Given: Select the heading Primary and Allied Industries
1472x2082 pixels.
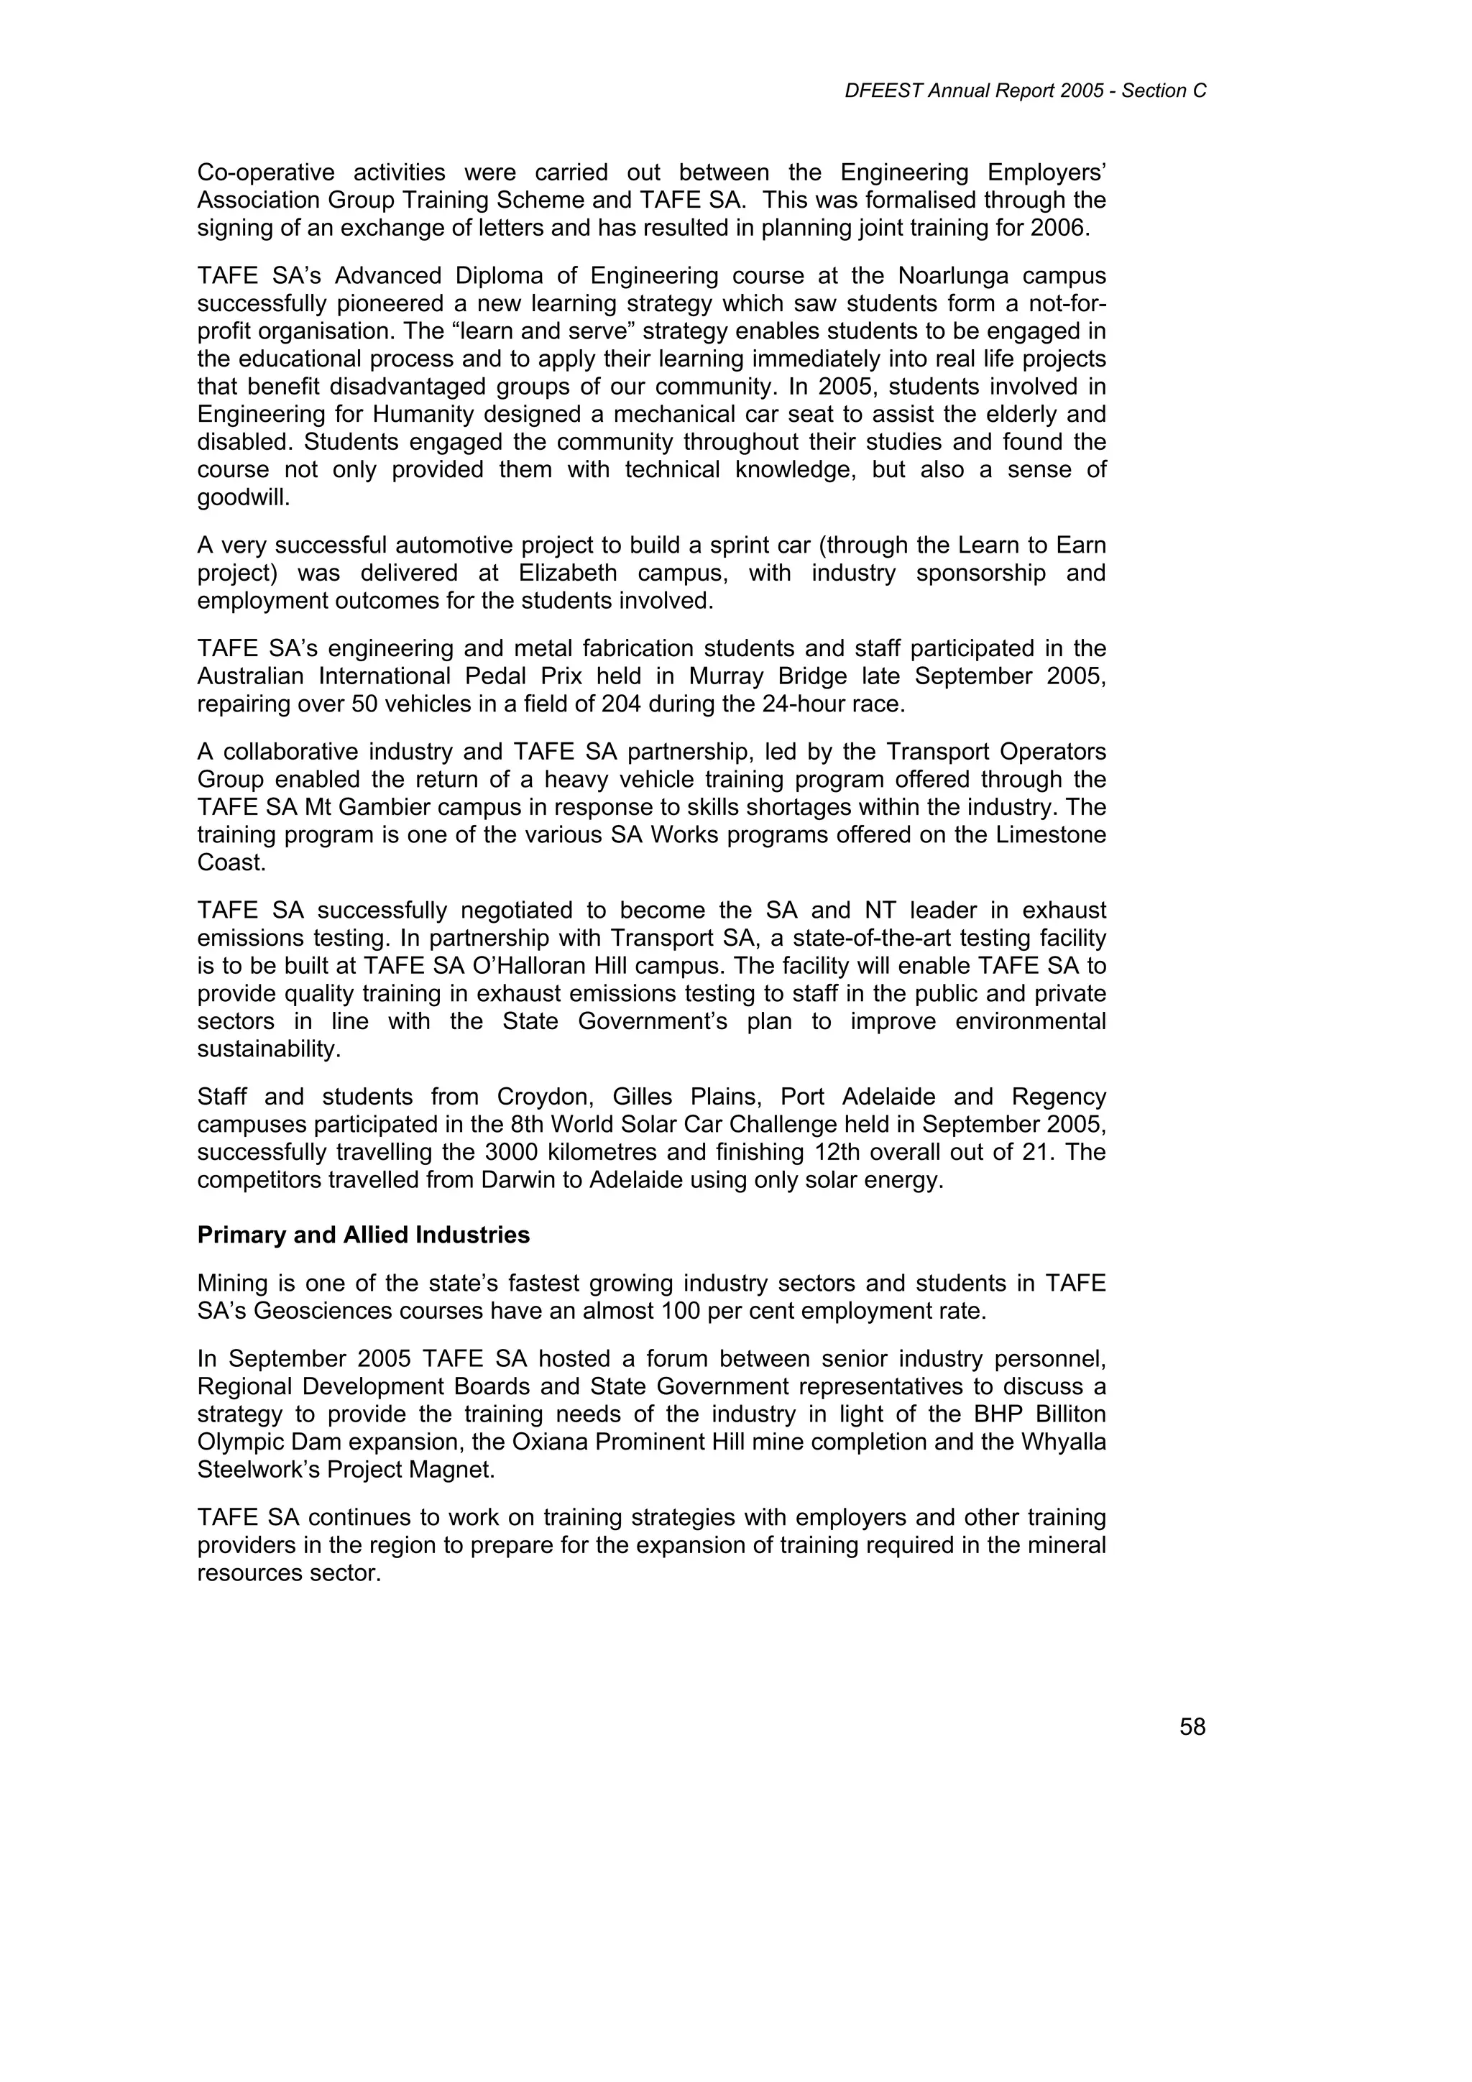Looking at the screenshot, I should coord(364,1235).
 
